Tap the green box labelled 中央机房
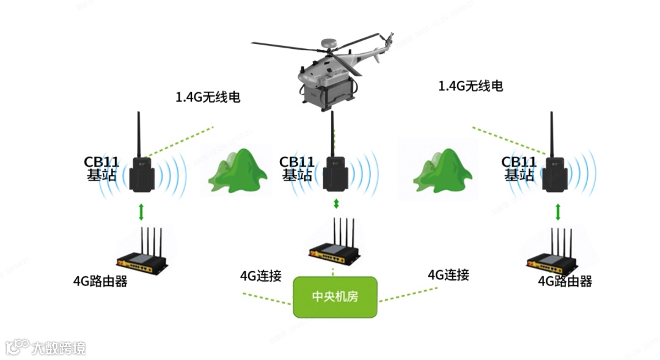pos(335,297)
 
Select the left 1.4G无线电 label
pos(207,97)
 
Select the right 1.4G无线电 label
pos(471,86)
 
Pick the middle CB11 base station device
pos(335,174)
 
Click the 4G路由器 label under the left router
pos(100,281)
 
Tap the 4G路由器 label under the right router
pos(565,281)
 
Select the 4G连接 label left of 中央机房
pos(260,276)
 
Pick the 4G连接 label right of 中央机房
pos(448,274)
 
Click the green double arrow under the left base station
pos(142,211)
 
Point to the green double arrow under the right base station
pos(557,212)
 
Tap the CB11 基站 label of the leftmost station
pos(101,168)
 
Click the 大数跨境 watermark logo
pos(46,348)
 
